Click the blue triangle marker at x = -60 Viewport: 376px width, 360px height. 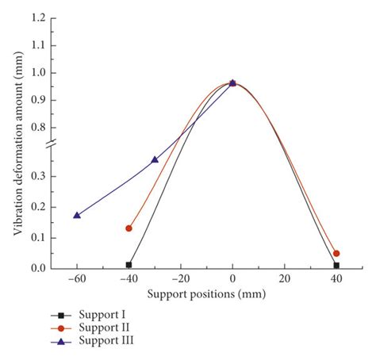77,215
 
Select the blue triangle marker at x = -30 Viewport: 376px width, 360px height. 155,159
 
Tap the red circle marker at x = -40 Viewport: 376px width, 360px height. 129,228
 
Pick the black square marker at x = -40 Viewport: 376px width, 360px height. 129,265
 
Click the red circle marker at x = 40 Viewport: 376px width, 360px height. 336,253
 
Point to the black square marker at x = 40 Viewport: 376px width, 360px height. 336,266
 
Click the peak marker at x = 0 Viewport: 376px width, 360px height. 232,82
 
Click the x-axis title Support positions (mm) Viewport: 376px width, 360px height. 206,294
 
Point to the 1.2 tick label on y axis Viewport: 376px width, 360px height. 36,18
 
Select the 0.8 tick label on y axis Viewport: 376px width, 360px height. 36,127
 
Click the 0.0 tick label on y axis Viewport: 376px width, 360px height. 36,269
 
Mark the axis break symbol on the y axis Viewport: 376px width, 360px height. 52,143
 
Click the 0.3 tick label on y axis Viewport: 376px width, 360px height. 36,176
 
